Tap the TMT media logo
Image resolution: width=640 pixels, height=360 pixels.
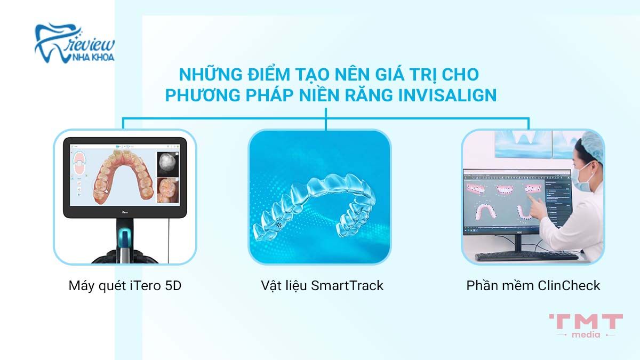tap(585, 325)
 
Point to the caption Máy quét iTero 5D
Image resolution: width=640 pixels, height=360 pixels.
tap(125, 286)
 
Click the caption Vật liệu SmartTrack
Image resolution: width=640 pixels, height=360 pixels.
tap(319, 286)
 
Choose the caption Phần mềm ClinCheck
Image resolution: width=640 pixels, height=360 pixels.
tap(533, 286)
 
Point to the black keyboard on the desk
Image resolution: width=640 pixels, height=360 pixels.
tap(525, 256)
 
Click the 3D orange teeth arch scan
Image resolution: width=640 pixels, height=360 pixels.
tap(120, 176)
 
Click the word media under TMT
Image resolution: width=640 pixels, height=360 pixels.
tap(585, 334)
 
